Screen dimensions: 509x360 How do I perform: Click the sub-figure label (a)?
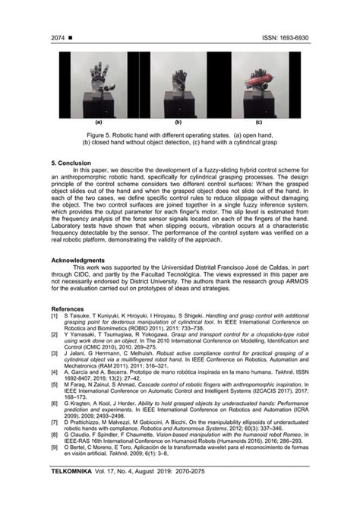[x=99, y=122]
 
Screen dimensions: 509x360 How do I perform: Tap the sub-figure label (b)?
[x=178, y=122]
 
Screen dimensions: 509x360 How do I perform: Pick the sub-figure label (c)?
[x=258, y=122]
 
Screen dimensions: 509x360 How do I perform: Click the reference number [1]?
[x=54, y=315]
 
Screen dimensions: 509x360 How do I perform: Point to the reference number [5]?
[x=54, y=385]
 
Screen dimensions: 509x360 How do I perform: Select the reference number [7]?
[x=54, y=420]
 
